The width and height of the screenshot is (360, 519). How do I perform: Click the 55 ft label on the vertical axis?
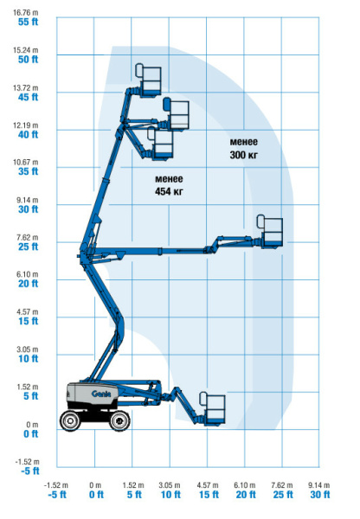click(x=29, y=22)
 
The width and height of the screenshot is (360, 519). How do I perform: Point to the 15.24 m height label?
click(x=25, y=50)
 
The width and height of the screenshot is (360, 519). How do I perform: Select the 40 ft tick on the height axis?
click(x=29, y=134)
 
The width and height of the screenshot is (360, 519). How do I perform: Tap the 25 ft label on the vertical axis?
click(x=29, y=247)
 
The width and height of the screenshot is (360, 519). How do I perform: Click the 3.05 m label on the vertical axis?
click(x=28, y=349)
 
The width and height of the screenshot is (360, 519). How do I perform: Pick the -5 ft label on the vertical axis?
click(x=29, y=471)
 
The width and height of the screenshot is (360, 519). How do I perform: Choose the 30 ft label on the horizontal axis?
click(x=320, y=495)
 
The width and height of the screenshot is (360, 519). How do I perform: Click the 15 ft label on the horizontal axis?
click(x=209, y=495)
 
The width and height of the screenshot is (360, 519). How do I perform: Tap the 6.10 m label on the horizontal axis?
click(x=245, y=485)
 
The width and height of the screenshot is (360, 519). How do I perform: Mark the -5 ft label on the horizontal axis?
click(x=57, y=495)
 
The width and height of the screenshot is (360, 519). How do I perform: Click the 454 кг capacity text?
click(x=169, y=191)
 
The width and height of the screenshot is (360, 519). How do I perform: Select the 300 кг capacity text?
click(x=244, y=155)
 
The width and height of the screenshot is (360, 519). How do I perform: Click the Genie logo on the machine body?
click(x=100, y=394)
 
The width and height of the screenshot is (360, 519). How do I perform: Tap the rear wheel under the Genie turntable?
click(x=70, y=420)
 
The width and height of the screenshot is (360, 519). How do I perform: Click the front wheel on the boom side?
click(x=119, y=420)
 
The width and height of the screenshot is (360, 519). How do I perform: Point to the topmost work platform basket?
click(x=148, y=80)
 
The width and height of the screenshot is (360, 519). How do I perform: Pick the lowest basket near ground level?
click(x=212, y=408)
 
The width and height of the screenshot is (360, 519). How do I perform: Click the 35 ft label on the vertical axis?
click(x=29, y=171)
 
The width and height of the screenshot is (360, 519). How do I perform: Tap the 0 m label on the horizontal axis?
click(x=95, y=485)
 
